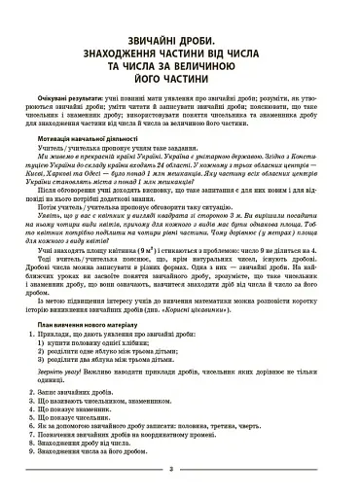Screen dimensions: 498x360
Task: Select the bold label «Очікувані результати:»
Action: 75,100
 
